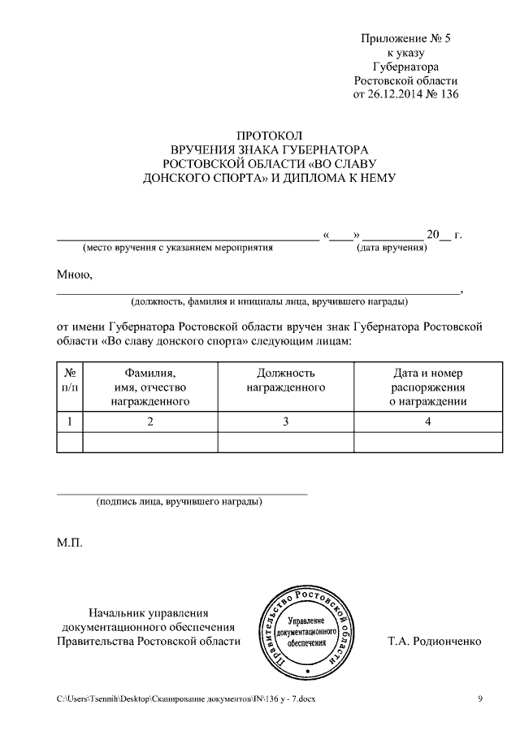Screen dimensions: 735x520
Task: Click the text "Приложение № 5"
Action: pyautogui.click(x=405, y=38)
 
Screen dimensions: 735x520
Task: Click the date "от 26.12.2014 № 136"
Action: pyautogui.click(x=405, y=95)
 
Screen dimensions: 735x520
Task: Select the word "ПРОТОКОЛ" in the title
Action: pyautogui.click(x=269, y=136)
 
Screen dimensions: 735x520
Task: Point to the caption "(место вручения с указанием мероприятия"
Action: pyautogui.click(x=177, y=247)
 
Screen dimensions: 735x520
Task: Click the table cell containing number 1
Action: pyautogui.click(x=70, y=421)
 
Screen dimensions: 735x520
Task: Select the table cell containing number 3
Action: pyautogui.click(x=285, y=421)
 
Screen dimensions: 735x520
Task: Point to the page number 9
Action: pyautogui.click(x=480, y=699)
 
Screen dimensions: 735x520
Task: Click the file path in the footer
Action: pyautogui.click(x=185, y=699)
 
